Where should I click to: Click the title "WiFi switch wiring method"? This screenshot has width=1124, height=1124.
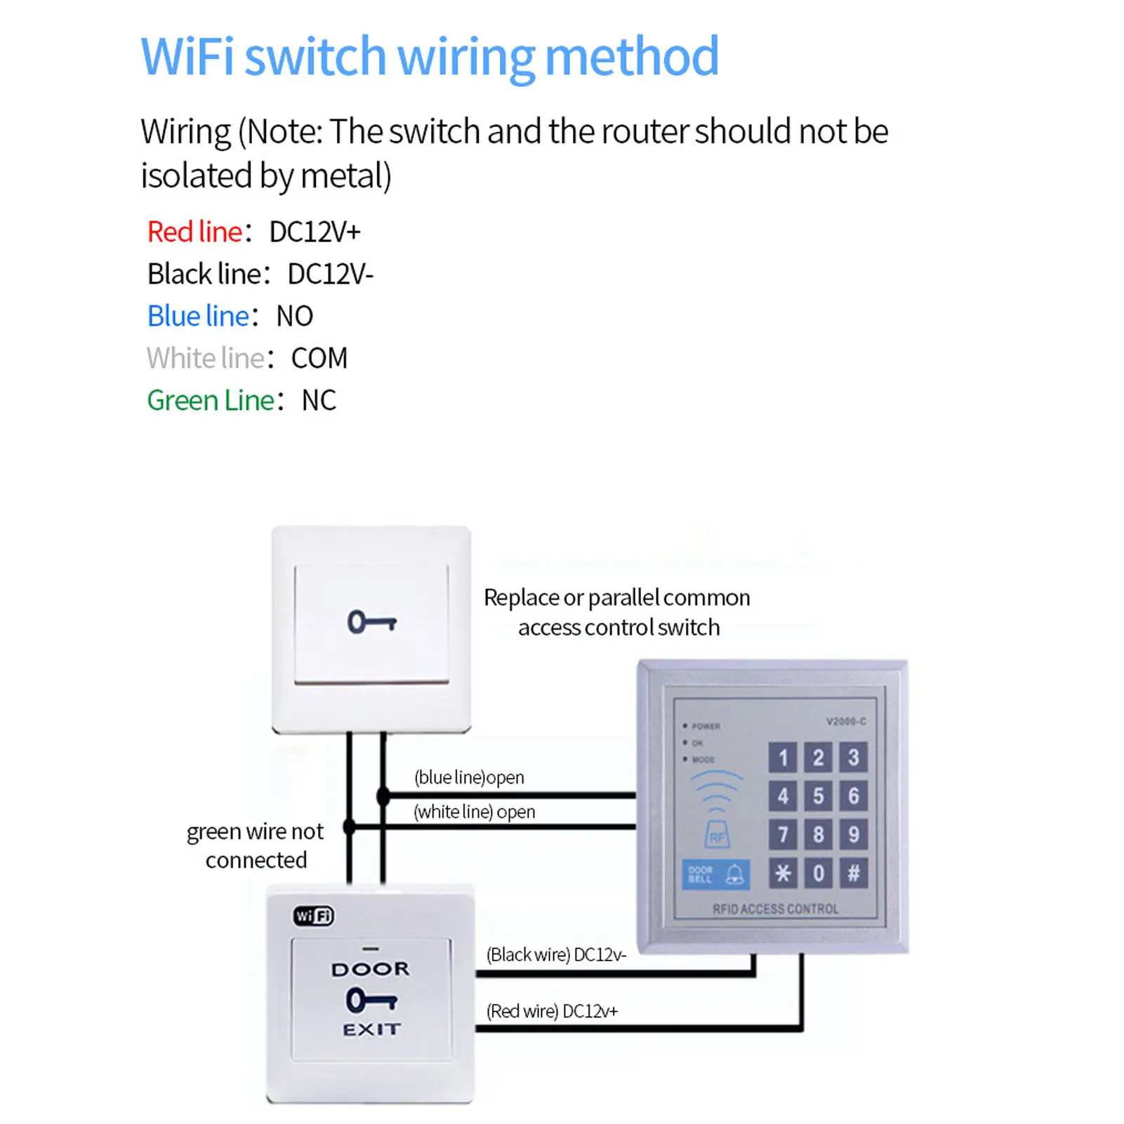click(x=430, y=56)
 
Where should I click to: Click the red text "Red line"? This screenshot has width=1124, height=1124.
click(x=194, y=232)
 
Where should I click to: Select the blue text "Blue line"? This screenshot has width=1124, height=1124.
click(x=198, y=316)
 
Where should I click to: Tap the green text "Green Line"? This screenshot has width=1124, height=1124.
click(x=210, y=400)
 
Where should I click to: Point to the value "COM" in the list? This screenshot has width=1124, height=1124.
click(x=319, y=358)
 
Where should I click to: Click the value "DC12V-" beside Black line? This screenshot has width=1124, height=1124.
click(x=331, y=274)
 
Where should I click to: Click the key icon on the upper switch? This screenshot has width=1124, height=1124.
click(x=372, y=622)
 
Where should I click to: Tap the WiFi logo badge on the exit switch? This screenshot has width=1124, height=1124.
click(x=313, y=915)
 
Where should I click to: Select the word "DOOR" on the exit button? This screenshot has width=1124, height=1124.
click(x=370, y=970)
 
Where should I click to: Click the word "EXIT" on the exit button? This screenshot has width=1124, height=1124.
click(x=371, y=1029)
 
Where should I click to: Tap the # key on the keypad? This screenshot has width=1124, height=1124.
click(x=854, y=873)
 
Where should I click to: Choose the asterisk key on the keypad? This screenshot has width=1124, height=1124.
click(x=783, y=873)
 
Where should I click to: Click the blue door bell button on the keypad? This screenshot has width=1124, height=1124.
click(x=715, y=875)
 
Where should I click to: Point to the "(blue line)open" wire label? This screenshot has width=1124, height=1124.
click(x=469, y=777)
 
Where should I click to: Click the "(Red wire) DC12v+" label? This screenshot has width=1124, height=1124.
click(x=552, y=1011)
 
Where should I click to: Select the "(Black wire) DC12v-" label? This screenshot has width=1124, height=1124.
click(x=556, y=955)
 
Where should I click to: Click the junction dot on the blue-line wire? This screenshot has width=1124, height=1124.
click(x=383, y=796)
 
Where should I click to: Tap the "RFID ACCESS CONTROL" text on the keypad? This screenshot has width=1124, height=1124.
click(x=776, y=909)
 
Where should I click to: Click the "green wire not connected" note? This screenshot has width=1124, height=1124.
click(x=256, y=845)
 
